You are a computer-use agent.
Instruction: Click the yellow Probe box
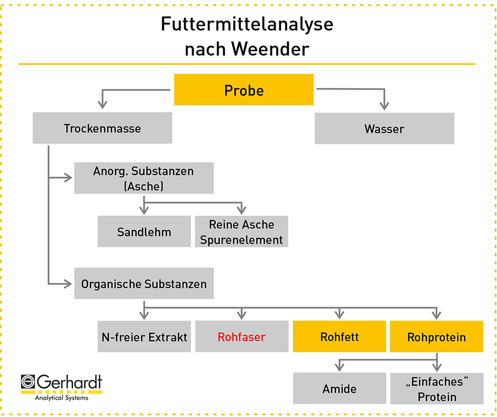(244, 89)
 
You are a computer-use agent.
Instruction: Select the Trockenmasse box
(103, 128)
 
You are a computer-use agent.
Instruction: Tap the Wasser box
(385, 129)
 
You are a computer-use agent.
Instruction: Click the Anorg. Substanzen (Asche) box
(144, 178)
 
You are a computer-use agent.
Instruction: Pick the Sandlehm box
(144, 231)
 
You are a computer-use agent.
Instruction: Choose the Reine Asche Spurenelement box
(242, 231)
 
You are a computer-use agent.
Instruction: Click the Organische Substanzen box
(144, 283)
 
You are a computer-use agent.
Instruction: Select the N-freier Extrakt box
(144, 337)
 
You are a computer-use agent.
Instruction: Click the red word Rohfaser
(242, 337)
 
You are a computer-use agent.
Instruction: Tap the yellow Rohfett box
(340, 337)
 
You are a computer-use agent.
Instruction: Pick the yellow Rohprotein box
(436, 337)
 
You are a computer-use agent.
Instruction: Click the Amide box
(340, 388)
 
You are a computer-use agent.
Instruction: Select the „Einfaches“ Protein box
(437, 389)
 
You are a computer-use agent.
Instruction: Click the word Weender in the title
(270, 49)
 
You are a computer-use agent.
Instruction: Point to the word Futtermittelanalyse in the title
(247, 25)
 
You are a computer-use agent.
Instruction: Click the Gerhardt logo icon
(28, 381)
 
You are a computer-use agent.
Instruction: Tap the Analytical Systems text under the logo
(62, 398)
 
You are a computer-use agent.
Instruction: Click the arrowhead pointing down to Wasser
(384, 106)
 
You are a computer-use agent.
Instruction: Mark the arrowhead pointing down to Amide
(340, 367)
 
